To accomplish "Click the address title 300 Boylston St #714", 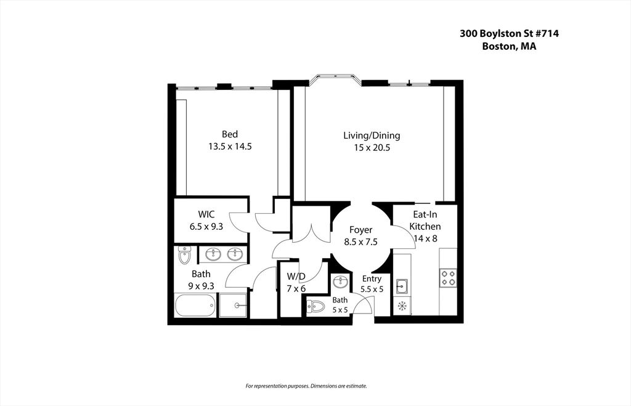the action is coord(509,33).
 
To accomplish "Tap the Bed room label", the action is coord(230,134).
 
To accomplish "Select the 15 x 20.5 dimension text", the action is coord(372,148).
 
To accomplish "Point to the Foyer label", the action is coord(360,230).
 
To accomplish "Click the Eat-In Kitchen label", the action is coord(425,220).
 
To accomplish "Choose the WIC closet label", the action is coord(206,214).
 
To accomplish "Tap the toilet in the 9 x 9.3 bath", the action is coord(184,255).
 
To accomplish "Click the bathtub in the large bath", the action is coord(195,306).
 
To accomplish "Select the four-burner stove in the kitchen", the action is coord(449,278).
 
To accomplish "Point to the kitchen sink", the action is coord(402,286).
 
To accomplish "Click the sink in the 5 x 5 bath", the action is coord(341,282).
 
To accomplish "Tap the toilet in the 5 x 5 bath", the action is coord(315,307).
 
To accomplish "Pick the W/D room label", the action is coord(296,277).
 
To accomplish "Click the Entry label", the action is coord(372,279).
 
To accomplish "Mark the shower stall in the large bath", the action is coord(232,306).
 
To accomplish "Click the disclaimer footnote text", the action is coord(306,386).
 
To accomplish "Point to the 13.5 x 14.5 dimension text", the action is coord(230,147).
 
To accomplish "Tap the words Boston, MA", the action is coord(509,46).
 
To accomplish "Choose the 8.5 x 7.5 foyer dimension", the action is coord(360,242).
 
